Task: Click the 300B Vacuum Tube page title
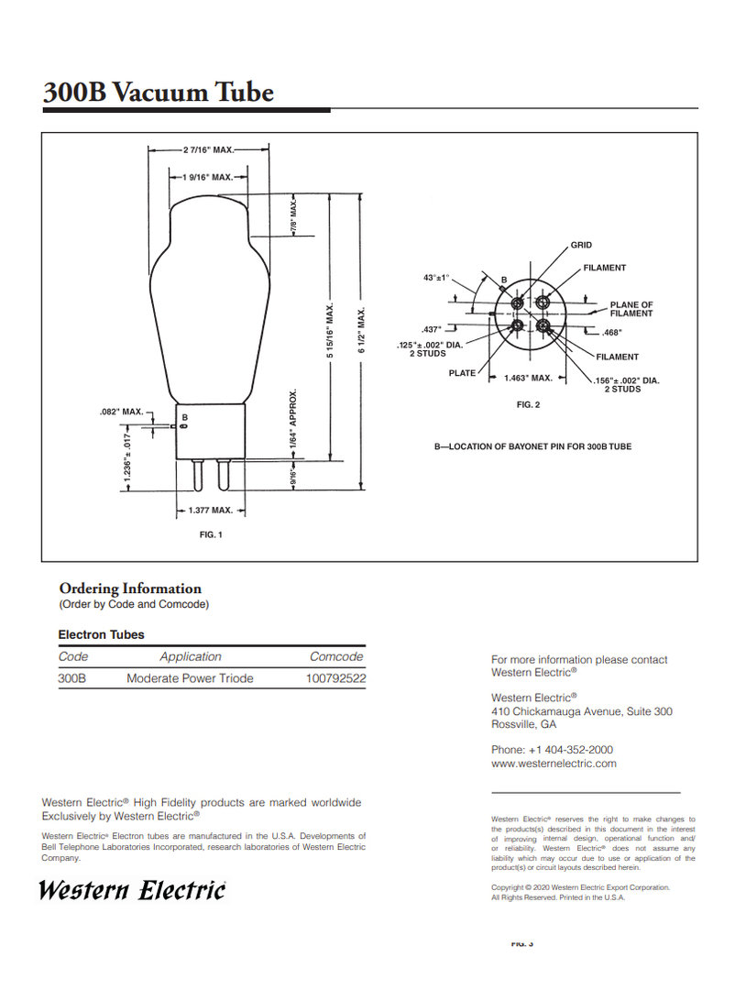coord(159,93)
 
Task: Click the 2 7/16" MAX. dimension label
coord(210,149)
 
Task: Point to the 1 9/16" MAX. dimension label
coord(208,177)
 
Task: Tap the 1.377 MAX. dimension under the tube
coord(211,510)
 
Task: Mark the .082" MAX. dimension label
coord(121,412)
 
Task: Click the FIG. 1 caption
coord(211,534)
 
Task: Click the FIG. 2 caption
coord(529,404)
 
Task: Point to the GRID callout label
coord(582,246)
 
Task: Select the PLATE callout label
coord(462,373)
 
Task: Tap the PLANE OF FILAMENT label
coord(631,309)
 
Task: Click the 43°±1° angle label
coord(436,278)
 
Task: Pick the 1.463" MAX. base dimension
coord(528,378)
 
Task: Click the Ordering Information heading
coord(130,588)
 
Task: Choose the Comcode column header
coord(336,656)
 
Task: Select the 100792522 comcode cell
coord(335,678)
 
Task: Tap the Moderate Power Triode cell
coord(190,678)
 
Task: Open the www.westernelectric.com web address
coord(554,763)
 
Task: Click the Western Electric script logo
coord(132,889)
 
